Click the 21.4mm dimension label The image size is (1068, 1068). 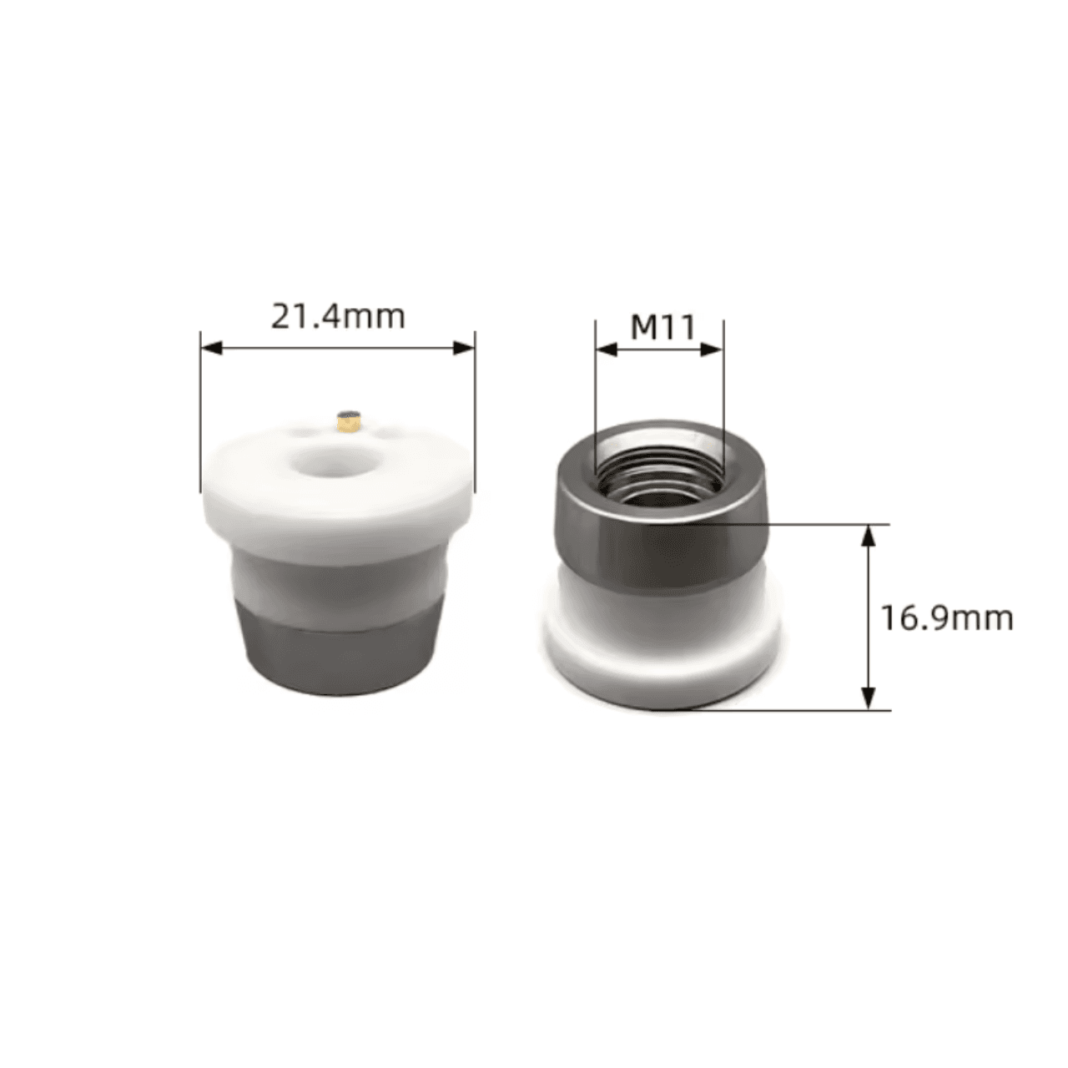pos(337,317)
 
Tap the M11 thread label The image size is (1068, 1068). pos(662,328)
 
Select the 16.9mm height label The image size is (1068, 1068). pos(947,618)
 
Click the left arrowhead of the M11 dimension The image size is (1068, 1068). pos(605,349)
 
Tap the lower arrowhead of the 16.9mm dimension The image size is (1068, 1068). pos(869,698)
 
